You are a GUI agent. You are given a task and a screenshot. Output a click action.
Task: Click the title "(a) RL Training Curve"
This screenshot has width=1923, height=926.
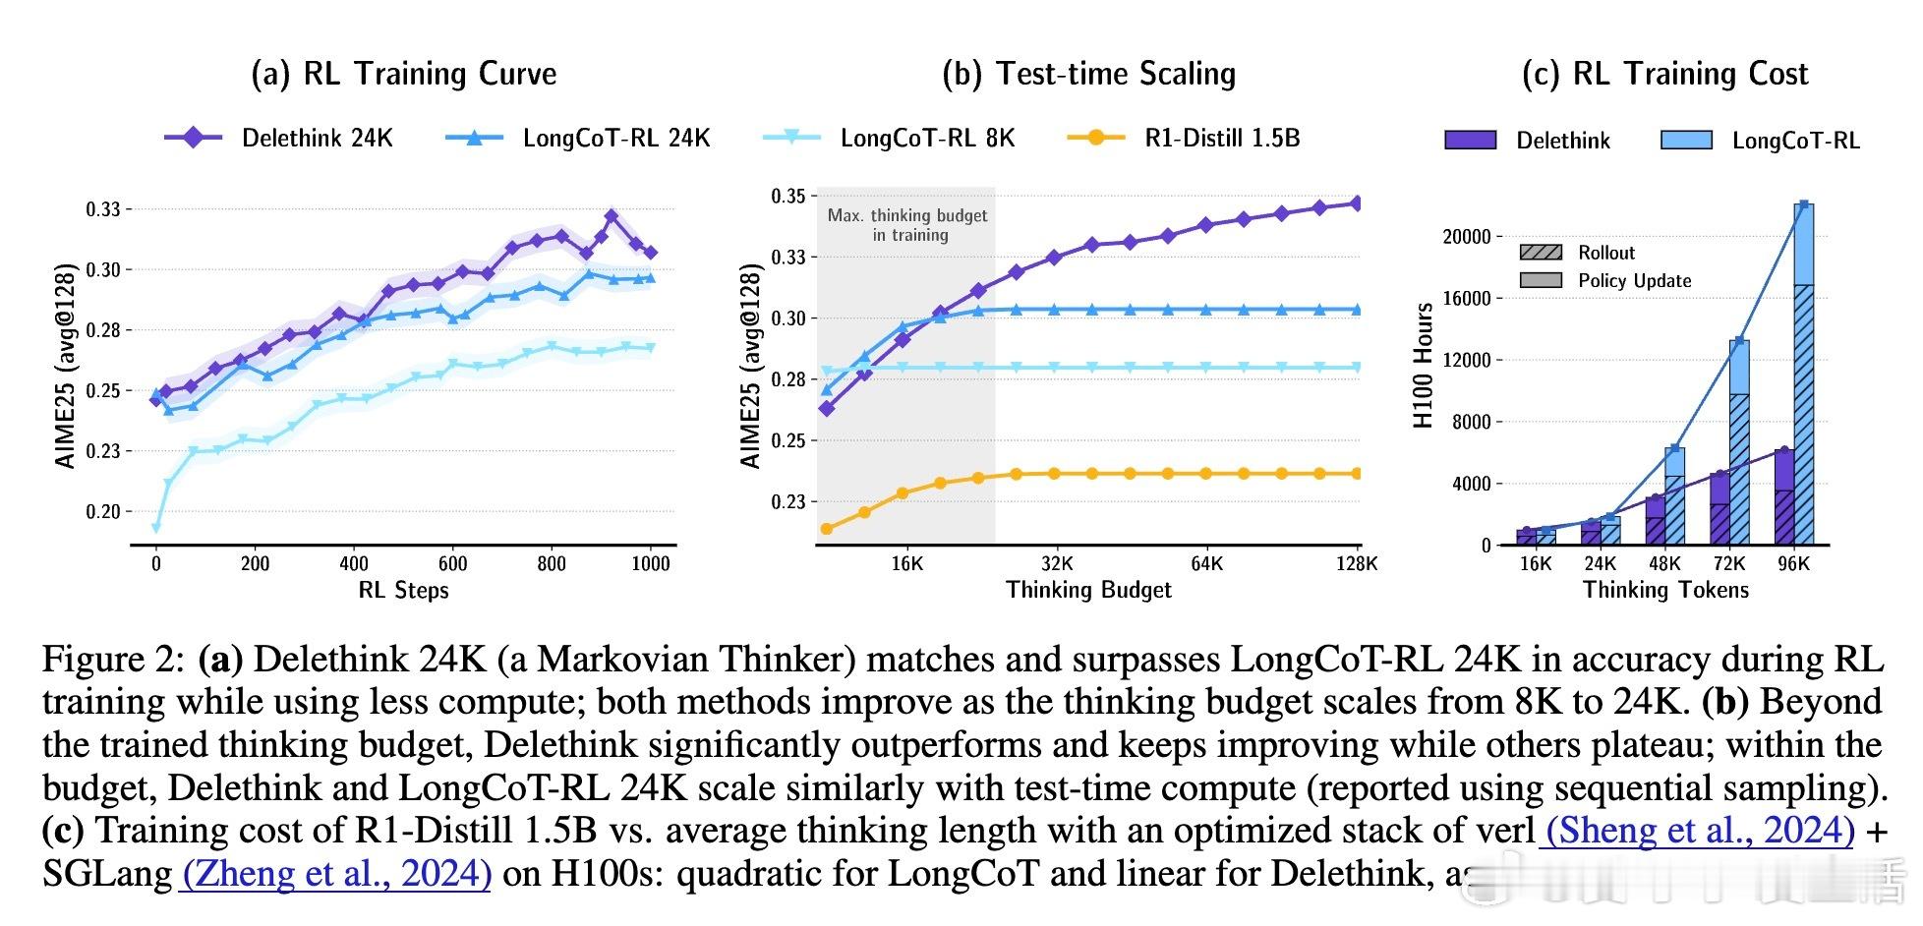[x=404, y=75]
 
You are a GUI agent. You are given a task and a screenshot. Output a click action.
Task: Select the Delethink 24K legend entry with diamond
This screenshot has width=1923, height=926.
[x=279, y=139]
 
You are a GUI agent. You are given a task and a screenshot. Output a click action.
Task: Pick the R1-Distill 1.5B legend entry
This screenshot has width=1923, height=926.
[x=1184, y=139]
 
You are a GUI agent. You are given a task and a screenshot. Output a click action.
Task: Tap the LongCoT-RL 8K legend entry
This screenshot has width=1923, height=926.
[x=889, y=139]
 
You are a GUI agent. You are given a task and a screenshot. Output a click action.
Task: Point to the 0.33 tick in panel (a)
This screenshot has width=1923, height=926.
[x=102, y=209]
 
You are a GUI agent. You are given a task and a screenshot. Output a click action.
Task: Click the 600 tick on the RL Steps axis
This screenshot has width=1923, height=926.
[x=452, y=564]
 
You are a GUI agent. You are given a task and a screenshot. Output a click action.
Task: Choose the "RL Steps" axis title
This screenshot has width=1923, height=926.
[x=403, y=591]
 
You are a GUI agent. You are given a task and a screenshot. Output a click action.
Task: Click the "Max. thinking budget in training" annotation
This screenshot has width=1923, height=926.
[x=907, y=225]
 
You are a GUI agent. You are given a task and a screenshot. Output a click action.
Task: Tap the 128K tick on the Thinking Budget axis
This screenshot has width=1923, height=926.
[x=1359, y=564]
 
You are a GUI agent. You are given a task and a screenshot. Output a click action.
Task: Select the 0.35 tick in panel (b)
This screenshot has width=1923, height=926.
[x=788, y=196]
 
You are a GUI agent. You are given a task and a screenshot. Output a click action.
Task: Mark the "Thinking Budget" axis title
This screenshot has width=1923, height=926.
[x=1088, y=590]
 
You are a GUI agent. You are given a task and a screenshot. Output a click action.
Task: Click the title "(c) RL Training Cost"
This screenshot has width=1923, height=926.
[x=1664, y=75]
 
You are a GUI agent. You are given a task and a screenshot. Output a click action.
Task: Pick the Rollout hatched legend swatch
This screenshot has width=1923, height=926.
[x=1541, y=253]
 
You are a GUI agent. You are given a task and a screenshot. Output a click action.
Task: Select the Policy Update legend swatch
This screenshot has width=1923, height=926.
[x=1541, y=281]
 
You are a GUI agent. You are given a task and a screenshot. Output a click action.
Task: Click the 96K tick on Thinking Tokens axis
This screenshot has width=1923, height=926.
[x=1794, y=564]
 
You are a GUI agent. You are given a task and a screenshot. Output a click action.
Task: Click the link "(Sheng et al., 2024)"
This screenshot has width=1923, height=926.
[x=1700, y=832]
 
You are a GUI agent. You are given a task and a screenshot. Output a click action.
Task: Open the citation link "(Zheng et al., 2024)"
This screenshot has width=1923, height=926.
[x=336, y=874]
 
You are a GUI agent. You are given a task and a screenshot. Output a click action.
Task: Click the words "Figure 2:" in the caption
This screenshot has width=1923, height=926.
[x=113, y=660]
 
